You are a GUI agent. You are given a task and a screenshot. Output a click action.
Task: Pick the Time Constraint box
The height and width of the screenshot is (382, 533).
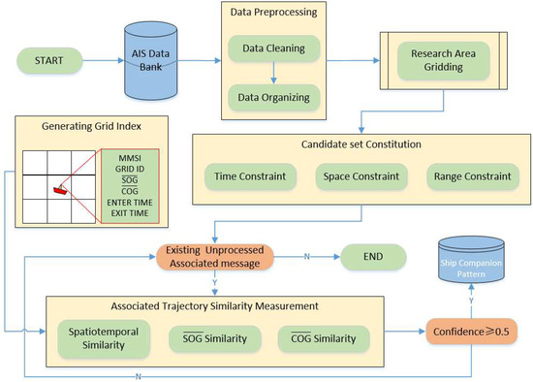click(245, 176)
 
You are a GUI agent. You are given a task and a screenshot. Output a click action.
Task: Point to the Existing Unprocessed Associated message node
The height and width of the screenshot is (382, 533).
click(223, 258)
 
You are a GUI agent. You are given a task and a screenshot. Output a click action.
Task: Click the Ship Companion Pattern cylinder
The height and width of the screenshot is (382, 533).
click(473, 260)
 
